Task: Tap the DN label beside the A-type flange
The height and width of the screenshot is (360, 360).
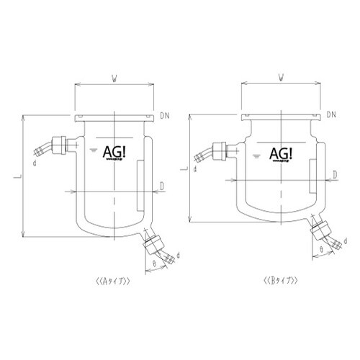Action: (166, 115)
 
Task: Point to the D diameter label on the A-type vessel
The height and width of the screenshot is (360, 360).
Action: (163, 186)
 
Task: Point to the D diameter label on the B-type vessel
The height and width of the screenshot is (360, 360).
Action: (336, 175)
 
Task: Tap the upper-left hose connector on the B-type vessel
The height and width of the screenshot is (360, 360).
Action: (220, 152)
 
